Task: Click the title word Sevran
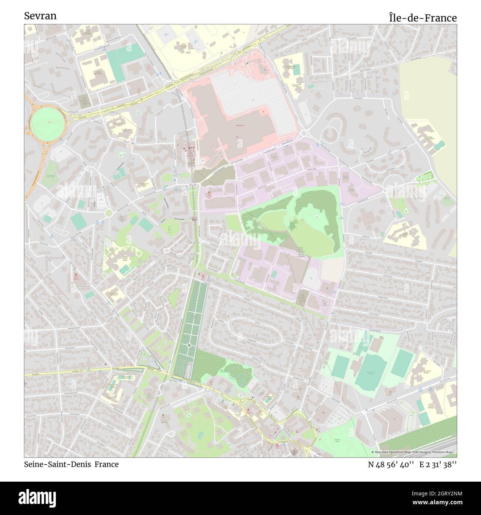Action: click(40, 16)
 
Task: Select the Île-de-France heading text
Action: click(422, 17)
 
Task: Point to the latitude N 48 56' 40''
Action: click(391, 464)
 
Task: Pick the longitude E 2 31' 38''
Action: click(438, 464)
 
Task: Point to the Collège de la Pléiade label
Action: click(430, 138)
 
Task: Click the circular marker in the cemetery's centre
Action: click(189, 345)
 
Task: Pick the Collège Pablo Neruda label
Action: click(98, 73)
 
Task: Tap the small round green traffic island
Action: click(108, 213)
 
